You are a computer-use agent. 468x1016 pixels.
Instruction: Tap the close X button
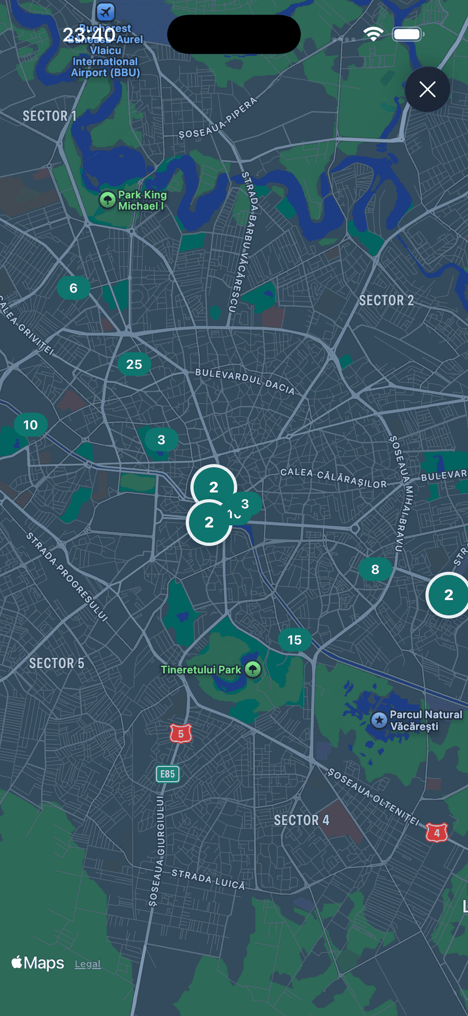click(427, 89)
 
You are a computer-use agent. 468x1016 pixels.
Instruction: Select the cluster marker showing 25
click(134, 364)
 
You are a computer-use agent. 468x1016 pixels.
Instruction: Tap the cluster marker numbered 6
click(73, 288)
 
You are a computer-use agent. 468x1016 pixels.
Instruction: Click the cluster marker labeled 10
click(31, 425)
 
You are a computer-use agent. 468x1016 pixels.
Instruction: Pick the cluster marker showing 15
click(294, 640)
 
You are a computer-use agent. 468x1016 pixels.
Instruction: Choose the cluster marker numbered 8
click(375, 569)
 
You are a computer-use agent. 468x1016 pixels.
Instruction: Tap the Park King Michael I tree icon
click(107, 199)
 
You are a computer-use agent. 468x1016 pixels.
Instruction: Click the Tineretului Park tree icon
click(253, 669)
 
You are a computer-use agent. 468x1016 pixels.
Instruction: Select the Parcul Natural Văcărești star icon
click(379, 720)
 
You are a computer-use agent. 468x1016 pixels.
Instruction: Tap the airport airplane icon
click(105, 11)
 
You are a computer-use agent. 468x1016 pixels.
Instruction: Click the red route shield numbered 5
click(181, 734)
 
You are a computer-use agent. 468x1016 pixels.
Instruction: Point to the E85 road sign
click(167, 774)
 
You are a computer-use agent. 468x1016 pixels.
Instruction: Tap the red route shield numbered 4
click(436, 832)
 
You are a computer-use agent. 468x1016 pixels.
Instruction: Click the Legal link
click(88, 964)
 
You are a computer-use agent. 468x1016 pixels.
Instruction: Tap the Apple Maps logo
click(38, 962)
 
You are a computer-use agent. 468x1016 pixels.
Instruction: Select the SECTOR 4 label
click(301, 820)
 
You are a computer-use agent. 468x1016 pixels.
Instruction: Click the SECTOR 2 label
click(386, 300)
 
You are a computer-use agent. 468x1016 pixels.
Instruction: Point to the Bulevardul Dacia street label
click(245, 381)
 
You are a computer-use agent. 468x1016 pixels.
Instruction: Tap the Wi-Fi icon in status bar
click(373, 34)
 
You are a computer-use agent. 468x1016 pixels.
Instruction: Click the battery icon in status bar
click(408, 34)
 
